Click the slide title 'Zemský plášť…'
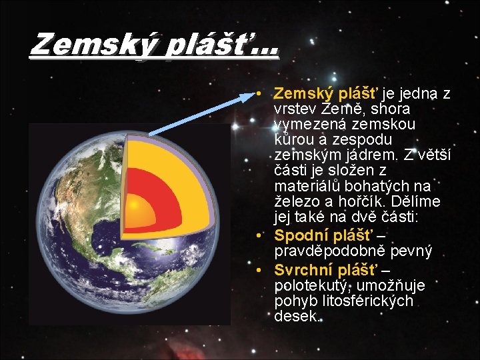154,45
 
